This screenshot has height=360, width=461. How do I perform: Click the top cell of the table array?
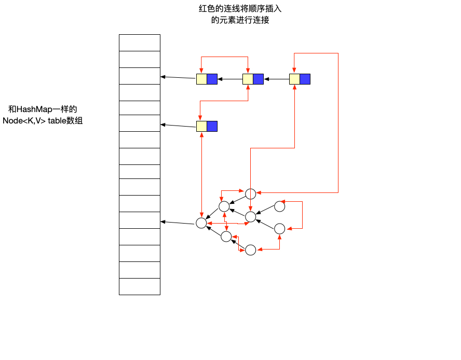point(140,43)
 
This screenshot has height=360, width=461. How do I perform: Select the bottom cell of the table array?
point(140,286)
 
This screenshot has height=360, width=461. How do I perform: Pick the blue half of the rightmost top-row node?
point(305,79)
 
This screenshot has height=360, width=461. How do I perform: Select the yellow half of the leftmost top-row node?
point(201,79)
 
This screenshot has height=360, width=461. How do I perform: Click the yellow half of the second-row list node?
point(201,126)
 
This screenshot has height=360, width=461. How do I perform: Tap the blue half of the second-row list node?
point(212,126)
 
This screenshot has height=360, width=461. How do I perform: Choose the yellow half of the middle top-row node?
point(248,79)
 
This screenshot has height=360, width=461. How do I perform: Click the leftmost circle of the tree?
point(201,223)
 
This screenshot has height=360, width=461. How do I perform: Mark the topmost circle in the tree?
point(251,194)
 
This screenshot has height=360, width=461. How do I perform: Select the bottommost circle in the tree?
point(251,250)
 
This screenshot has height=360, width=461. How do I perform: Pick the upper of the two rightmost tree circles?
point(280,206)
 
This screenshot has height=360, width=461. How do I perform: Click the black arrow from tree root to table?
point(178,223)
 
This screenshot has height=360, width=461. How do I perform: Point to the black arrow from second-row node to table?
point(178,125)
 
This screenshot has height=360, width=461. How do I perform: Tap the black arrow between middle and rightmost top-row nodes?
point(276,79)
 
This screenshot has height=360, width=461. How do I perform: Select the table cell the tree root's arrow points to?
point(140,220)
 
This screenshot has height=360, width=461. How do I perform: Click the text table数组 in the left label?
point(65,121)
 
